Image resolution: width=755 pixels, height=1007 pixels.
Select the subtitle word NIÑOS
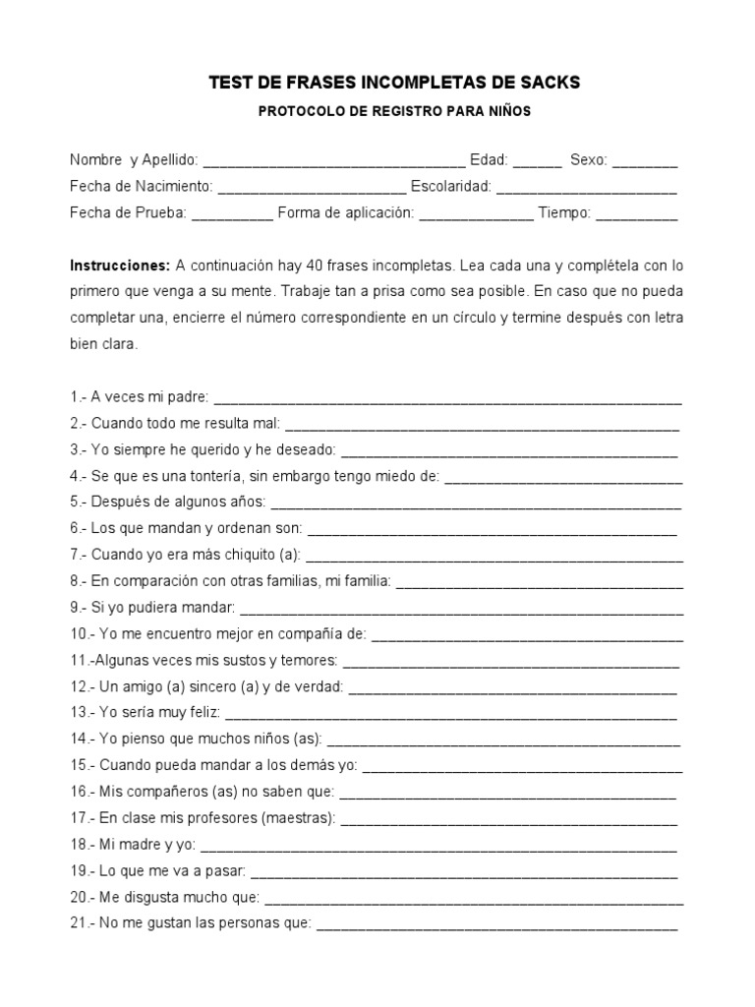pos(507,112)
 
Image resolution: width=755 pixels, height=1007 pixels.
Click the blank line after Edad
pos(537,162)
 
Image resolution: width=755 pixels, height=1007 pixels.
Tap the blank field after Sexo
pos(645,162)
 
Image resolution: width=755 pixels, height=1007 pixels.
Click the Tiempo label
pos(564,212)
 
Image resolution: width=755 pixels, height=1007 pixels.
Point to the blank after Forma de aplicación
pos(477,214)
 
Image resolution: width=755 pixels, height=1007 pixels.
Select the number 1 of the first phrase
pos(75,398)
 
